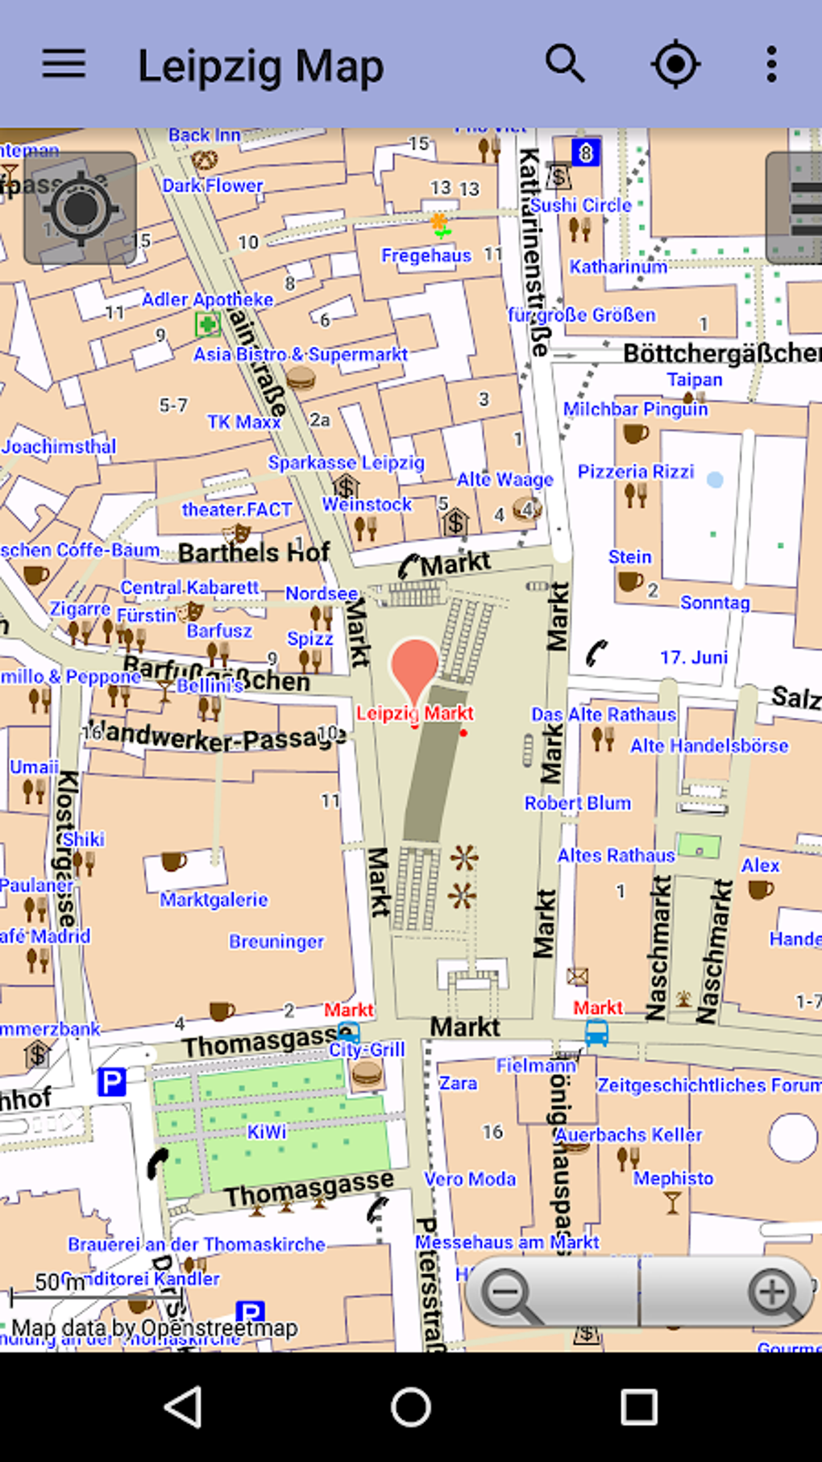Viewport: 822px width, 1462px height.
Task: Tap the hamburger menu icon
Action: coord(64,64)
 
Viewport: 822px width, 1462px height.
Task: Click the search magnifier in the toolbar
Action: coord(565,64)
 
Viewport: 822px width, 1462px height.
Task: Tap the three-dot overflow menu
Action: coord(771,64)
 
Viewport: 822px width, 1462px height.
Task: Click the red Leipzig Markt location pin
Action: coord(414,665)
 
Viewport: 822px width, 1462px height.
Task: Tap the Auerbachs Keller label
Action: coord(629,1135)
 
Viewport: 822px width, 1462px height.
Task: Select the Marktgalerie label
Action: coord(214,899)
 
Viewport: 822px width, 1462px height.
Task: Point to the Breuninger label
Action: coord(276,941)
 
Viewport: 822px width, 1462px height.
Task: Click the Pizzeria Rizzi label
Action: coord(636,471)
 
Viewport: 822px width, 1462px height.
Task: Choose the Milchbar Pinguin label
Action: coord(635,409)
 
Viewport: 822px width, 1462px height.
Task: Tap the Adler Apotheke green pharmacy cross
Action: coord(207,325)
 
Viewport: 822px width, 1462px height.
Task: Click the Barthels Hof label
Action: coord(254,552)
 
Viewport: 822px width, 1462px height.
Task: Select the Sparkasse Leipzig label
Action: coord(347,462)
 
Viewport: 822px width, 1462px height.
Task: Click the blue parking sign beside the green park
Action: coord(111,1081)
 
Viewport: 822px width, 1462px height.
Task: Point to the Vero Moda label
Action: coord(470,1179)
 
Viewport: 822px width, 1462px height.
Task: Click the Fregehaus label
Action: coord(426,256)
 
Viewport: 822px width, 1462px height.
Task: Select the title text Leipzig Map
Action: coord(260,66)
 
